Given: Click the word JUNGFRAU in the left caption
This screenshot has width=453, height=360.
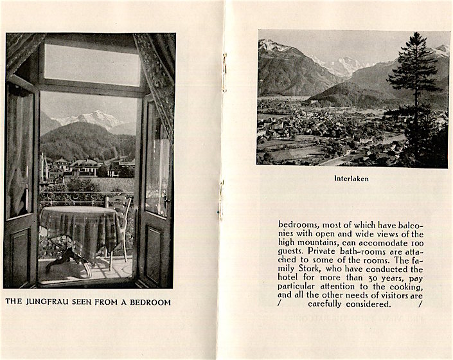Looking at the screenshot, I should [x=53, y=301].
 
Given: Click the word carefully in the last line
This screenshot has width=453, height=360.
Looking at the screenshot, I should [x=327, y=304].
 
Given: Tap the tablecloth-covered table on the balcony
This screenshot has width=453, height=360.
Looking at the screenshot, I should [x=77, y=228].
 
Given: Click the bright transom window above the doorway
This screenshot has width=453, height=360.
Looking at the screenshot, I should [x=92, y=64].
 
